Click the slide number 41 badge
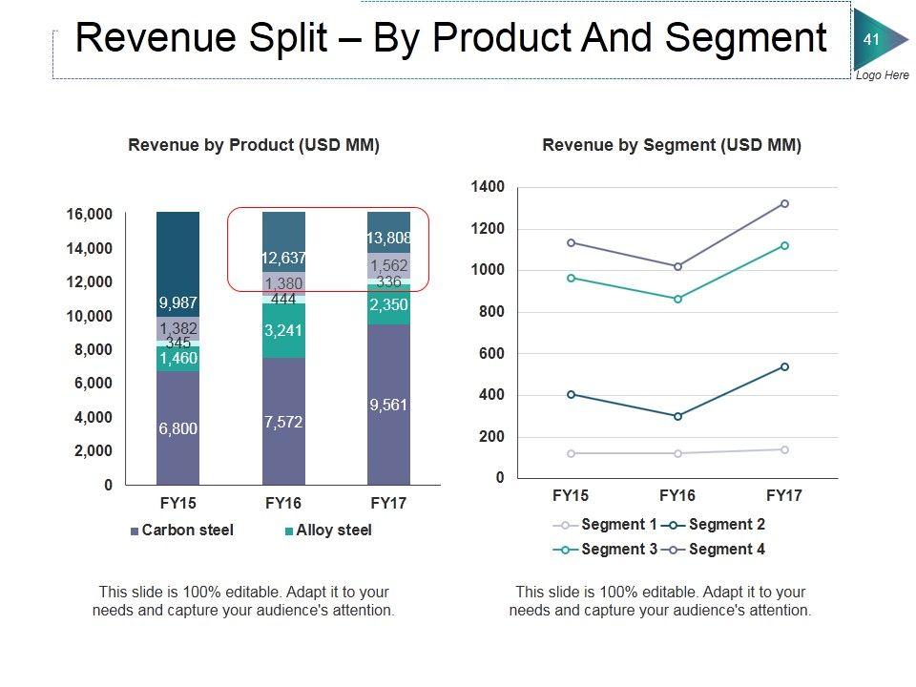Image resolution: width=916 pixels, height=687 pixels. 871,39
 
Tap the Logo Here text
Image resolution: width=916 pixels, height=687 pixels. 883,75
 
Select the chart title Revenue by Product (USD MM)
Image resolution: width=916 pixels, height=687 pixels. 254,146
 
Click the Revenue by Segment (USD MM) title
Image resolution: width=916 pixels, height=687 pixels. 672,146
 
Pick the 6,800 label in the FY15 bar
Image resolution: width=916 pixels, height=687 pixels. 178,429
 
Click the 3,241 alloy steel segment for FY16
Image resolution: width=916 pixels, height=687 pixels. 283,331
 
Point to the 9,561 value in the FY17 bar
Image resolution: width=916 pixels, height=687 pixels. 388,406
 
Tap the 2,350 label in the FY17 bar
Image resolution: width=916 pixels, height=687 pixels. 388,304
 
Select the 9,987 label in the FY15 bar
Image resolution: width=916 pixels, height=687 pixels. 178,304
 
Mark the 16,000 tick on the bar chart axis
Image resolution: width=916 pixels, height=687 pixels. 89,215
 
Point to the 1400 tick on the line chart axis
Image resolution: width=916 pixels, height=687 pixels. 488,187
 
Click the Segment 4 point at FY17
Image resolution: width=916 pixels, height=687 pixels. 784,203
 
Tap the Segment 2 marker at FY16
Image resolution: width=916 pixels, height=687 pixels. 677,416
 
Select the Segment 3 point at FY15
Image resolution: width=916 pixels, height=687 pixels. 571,278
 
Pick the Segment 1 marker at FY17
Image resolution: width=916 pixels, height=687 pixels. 784,449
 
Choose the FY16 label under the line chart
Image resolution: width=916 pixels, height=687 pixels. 677,496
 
